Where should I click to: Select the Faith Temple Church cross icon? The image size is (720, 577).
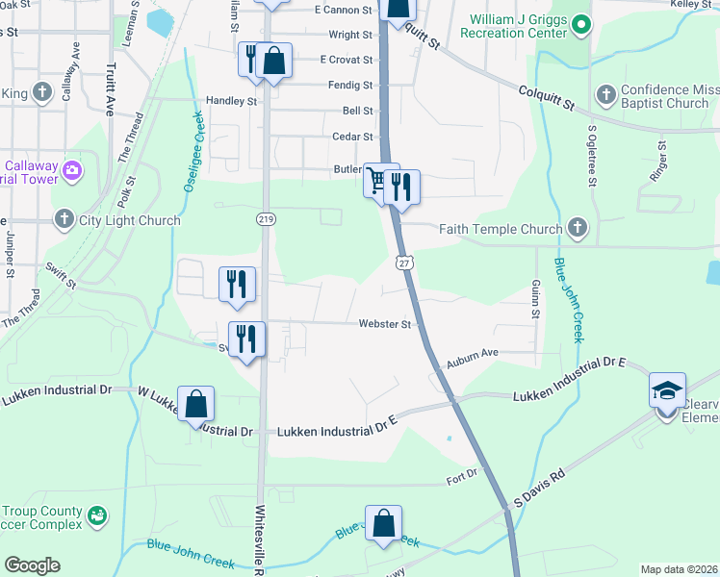click(577, 228)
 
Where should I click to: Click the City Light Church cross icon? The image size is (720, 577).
click(64, 220)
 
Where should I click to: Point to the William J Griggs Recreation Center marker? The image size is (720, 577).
click(579, 23)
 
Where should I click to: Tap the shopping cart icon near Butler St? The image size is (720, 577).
click(377, 180)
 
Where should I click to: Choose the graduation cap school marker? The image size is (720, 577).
click(667, 390)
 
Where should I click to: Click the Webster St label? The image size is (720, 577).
click(385, 325)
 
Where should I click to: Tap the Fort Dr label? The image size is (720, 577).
click(461, 479)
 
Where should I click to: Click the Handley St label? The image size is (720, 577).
click(232, 101)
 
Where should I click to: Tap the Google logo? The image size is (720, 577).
click(32, 565)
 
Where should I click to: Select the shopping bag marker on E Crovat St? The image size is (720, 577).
click(274, 61)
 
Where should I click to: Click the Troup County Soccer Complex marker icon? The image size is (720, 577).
click(96, 516)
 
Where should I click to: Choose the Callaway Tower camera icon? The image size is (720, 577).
click(71, 171)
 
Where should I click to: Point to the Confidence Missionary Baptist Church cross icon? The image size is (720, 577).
click(605, 94)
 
